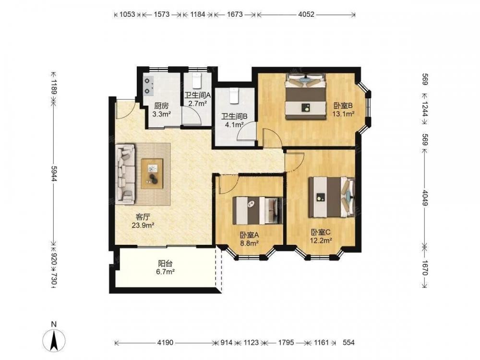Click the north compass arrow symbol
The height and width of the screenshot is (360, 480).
pyautogui.click(x=55, y=340)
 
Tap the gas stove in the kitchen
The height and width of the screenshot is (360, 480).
pyautogui.click(x=149, y=85)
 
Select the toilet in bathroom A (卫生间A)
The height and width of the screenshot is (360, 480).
pyautogui.click(x=196, y=81)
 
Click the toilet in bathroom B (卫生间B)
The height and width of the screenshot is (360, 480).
pyautogui.click(x=234, y=95)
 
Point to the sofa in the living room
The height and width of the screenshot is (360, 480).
pyautogui.click(x=125, y=174)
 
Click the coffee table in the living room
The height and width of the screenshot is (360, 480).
pyautogui.click(x=152, y=174)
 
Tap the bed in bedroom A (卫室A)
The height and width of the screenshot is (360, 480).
pyautogui.click(x=257, y=211)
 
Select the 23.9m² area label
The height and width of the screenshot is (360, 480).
pyautogui.click(x=143, y=226)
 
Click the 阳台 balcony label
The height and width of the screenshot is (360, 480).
pyautogui.click(x=166, y=263)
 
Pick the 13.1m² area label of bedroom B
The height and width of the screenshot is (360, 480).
pyautogui.click(x=344, y=114)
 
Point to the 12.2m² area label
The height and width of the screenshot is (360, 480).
pyautogui.click(x=321, y=240)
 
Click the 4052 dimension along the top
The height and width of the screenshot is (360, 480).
pyautogui.click(x=306, y=14)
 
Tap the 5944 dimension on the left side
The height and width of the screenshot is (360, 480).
pyautogui.click(x=54, y=174)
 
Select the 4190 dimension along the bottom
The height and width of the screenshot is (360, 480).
pyautogui.click(x=165, y=343)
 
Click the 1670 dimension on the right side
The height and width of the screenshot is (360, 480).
pyautogui.click(x=425, y=267)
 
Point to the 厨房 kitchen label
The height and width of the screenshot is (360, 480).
pyautogui.click(x=161, y=106)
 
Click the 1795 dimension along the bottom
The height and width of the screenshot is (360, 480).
pyautogui.click(x=286, y=343)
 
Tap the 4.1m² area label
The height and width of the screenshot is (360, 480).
pyautogui.click(x=234, y=125)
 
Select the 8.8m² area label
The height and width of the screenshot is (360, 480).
pyautogui.click(x=250, y=243)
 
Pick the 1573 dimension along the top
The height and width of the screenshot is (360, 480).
pyautogui.click(x=162, y=14)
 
